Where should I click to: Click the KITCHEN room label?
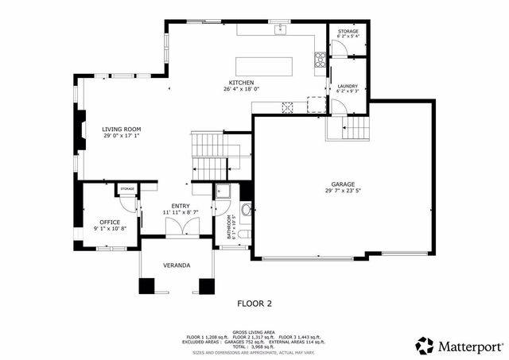pos(241,83)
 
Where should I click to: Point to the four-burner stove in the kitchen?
pos(320,57)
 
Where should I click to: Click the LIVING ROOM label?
pos(121,129)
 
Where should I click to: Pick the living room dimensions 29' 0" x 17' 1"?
pos(121,136)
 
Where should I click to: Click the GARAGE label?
pos(343,184)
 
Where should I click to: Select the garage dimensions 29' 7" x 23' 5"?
pos(343,191)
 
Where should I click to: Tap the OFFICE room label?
pos(109,222)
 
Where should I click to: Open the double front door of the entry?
pos(181,228)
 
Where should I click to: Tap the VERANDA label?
pos(176,265)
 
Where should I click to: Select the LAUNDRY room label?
pos(348,86)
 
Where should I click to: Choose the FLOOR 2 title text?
pos(255,303)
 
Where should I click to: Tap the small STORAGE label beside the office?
pos(127,188)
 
